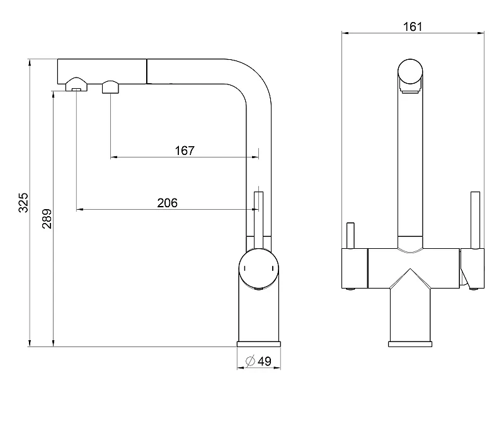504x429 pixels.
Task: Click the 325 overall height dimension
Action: point(23,202)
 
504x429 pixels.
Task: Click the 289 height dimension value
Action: point(47,219)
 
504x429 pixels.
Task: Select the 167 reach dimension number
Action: point(185,151)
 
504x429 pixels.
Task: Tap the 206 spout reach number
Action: point(167,203)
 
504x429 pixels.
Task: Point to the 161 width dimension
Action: point(413,26)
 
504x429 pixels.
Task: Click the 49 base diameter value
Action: point(265,361)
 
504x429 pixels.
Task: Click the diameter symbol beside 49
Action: point(250,361)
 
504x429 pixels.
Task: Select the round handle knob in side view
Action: point(259,268)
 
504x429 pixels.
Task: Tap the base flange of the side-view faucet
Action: point(259,344)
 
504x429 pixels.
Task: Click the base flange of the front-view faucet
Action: point(410,344)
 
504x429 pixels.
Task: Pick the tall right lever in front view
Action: point(475,220)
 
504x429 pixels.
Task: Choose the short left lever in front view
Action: point(350,236)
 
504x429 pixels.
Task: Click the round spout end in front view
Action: point(410,72)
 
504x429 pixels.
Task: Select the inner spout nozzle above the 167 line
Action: point(111,87)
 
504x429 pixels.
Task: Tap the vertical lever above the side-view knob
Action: point(259,220)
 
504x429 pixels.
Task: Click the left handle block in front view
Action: point(355,268)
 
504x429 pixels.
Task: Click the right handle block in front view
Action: point(472,268)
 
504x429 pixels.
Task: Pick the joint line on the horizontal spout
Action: point(147,71)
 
